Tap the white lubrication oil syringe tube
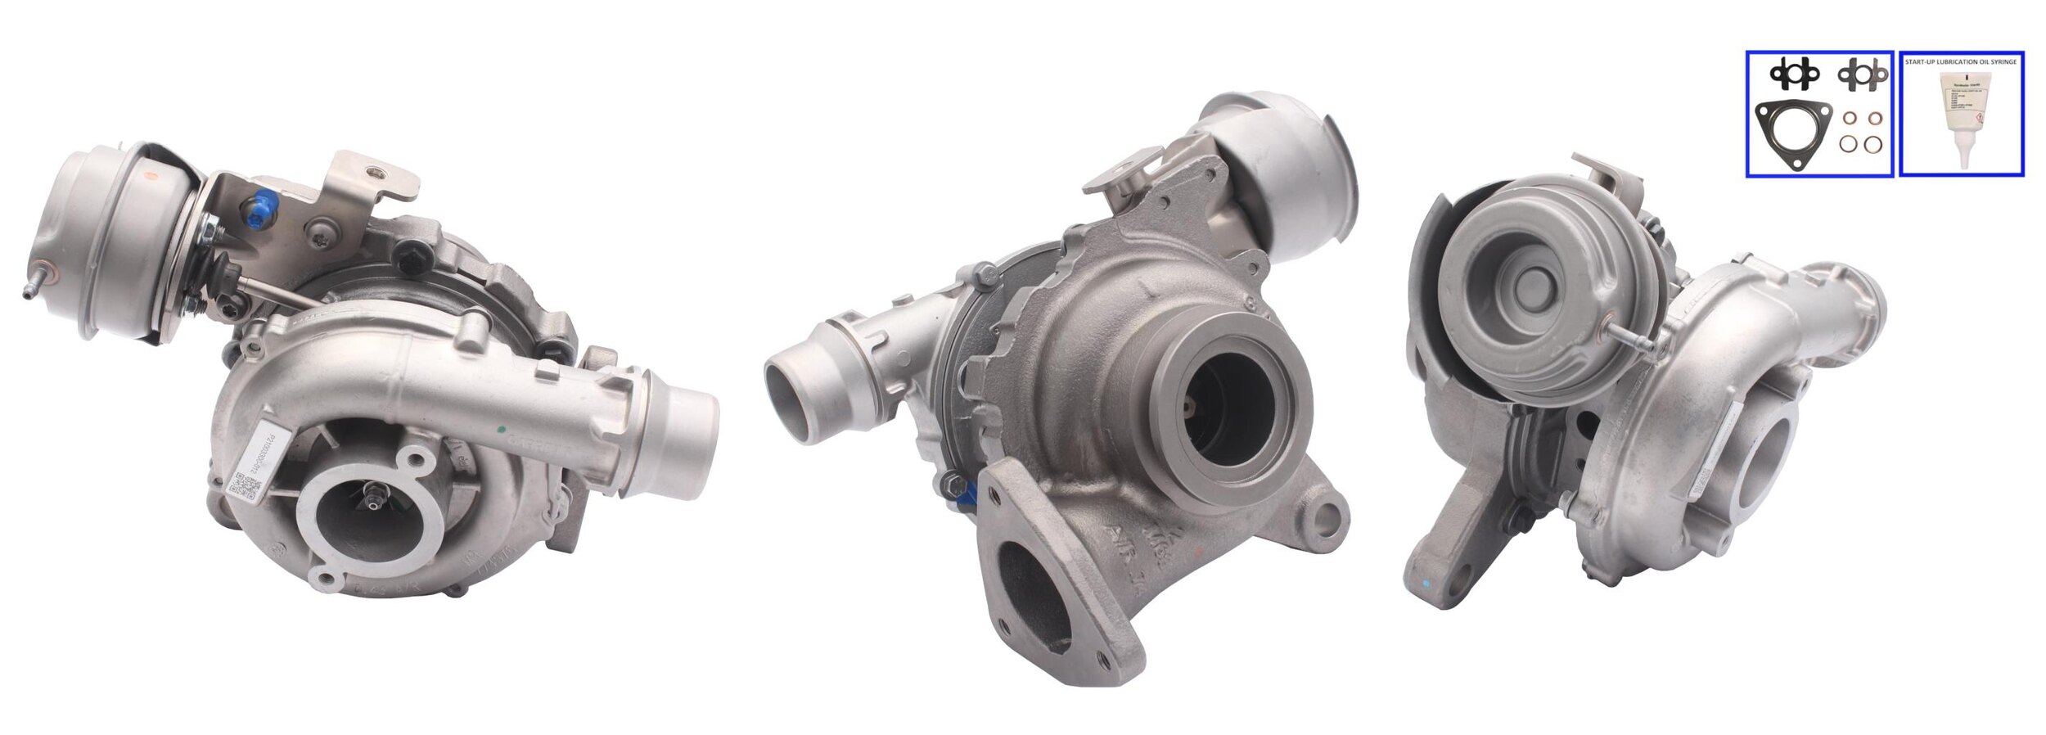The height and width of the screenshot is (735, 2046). [1965, 115]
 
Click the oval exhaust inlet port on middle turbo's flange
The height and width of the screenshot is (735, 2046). [1033, 592]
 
